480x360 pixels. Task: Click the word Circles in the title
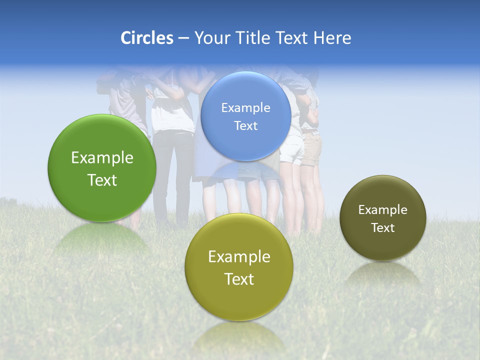(146, 38)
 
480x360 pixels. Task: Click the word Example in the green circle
(102, 158)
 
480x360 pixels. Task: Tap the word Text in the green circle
(102, 180)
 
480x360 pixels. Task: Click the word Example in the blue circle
(245, 107)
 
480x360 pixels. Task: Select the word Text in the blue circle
(245, 125)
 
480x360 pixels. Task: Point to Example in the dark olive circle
(382, 209)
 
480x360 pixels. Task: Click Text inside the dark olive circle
(382, 227)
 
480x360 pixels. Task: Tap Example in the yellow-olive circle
(238, 256)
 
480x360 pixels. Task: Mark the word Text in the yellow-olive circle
(238, 279)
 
